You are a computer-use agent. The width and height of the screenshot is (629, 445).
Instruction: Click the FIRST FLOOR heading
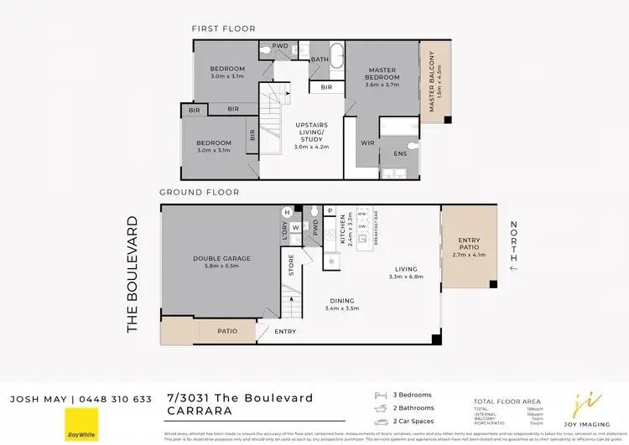pos(222,28)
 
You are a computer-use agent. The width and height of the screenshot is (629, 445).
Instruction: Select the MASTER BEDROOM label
pos(382,77)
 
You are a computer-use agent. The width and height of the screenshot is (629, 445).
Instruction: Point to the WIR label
pos(367,142)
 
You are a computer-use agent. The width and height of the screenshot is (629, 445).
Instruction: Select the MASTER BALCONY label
pos(432,81)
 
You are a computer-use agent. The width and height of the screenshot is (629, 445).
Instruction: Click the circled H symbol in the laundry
pos(287,212)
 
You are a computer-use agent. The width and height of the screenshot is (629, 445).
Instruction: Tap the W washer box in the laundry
pos(295,226)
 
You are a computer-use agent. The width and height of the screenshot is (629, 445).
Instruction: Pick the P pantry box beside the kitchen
pos(330,211)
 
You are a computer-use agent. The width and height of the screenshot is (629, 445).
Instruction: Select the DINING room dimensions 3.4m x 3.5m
pos(341,308)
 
